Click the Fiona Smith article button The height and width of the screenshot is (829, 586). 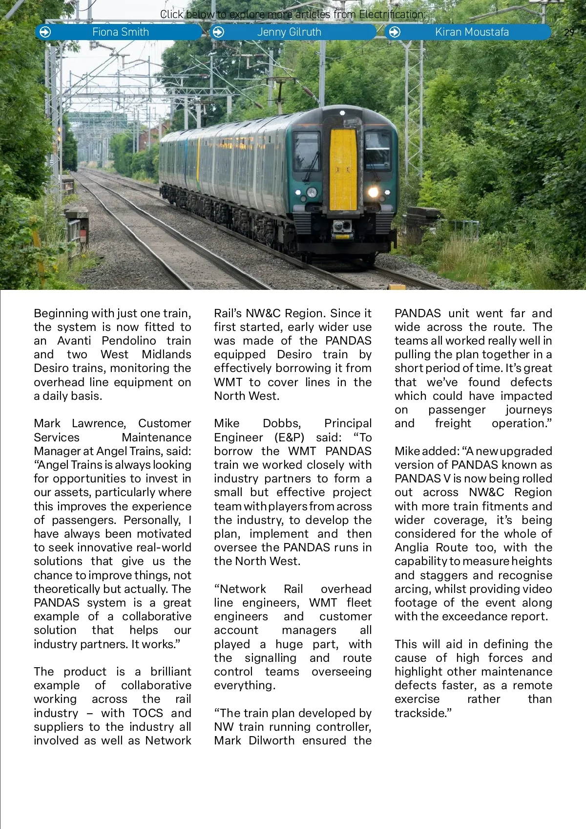click(x=120, y=32)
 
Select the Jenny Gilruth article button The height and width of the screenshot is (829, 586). click(x=289, y=32)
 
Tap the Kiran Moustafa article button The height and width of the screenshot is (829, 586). click(x=471, y=32)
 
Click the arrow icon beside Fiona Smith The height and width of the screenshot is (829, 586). click(x=45, y=32)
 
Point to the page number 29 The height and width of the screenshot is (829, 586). click(x=569, y=33)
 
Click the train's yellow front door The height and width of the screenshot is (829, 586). click(x=343, y=169)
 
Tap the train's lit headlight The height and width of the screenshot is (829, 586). click(x=374, y=192)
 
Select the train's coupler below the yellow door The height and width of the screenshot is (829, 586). click(x=342, y=228)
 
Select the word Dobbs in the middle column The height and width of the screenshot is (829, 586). click(x=282, y=423)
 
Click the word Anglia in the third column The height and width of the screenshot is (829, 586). click(x=411, y=547)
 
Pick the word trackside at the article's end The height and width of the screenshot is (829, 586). click(x=423, y=713)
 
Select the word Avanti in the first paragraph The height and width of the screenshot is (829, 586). click(x=74, y=341)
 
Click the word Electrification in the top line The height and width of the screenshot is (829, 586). click(x=391, y=15)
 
